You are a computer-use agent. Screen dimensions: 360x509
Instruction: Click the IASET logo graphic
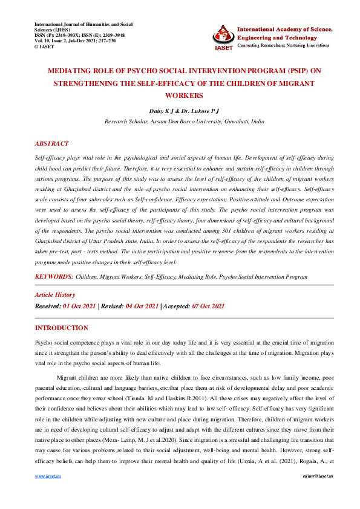click(x=223, y=37)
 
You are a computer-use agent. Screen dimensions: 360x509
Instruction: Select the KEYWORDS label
click(x=54, y=276)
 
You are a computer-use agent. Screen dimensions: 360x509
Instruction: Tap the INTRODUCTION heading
click(x=62, y=328)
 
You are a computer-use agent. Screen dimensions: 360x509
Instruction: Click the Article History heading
click(x=55, y=294)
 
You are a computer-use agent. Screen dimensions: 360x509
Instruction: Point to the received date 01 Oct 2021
click(x=79, y=307)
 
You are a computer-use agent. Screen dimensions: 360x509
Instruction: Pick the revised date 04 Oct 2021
click(x=142, y=307)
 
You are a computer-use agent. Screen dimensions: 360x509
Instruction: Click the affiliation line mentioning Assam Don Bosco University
click(x=184, y=121)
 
